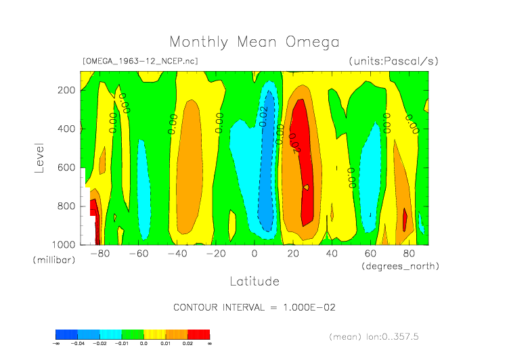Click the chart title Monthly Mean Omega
254,42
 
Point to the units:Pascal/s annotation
393,62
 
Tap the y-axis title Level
39,157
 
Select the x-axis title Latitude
254,281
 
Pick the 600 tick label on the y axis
66,168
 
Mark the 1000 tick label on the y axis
64,244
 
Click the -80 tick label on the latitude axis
99,254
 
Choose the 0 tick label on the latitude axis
255,254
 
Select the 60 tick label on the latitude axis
370,254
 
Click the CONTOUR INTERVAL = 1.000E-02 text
254,307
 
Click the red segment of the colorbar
199,334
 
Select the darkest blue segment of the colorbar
66,334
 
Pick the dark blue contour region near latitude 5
265,176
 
